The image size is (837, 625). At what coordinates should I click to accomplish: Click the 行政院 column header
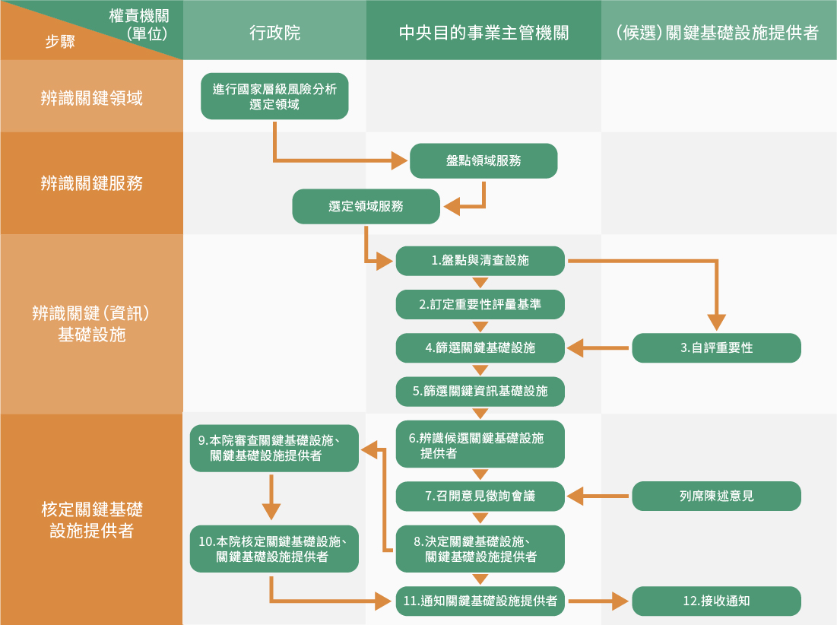pyautogui.click(x=274, y=32)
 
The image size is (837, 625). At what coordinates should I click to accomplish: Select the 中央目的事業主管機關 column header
pyautogui.click(x=483, y=32)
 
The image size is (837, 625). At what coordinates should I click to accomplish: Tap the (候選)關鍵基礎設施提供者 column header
pyautogui.click(x=718, y=32)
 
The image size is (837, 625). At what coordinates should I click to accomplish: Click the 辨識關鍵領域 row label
pyautogui.click(x=91, y=97)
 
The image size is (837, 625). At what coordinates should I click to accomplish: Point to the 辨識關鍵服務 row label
pyautogui.click(x=91, y=183)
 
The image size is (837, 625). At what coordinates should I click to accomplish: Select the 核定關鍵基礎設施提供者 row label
pyautogui.click(x=91, y=519)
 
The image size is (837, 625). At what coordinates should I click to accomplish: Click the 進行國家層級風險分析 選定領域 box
pyautogui.click(x=274, y=96)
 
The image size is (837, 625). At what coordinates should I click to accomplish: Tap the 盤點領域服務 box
pyautogui.click(x=483, y=161)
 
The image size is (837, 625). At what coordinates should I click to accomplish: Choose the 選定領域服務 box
pyautogui.click(x=366, y=206)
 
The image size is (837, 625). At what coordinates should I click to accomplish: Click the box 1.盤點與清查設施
pyautogui.click(x=480, y=261)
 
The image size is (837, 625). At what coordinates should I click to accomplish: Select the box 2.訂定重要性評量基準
pyautogui.click(x=480, y=304)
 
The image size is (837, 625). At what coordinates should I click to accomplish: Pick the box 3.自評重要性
pyautogui.click(x=716, y=347)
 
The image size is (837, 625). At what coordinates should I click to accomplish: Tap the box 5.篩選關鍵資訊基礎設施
pyautogui.click(x=480, y=391)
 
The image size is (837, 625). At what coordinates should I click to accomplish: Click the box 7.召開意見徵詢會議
pyautogui.click(x=480, y=496)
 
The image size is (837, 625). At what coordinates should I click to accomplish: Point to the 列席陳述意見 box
pyautogui.click(x=716, y=496)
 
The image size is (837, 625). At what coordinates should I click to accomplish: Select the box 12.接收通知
pyautogui.click(x=716, y=601)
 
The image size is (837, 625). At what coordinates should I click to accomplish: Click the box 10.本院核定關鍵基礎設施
pyautogui.click(x=274, y=549)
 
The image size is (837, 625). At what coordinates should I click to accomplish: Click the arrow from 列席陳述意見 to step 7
pyautogui.click(x=599, y=497)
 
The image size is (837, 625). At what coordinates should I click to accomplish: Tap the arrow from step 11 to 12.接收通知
pyautogui.click(x=599, y=601)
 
